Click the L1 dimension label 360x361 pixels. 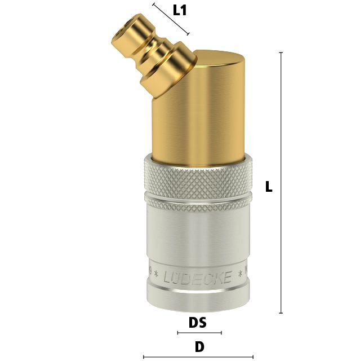[x=180, y=11]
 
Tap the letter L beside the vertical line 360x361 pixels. [x=269, y=187]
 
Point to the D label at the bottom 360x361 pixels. [x=199, y=346]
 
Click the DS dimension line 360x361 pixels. [x=199, y=332]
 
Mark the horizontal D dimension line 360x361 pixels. [x=198, y=357]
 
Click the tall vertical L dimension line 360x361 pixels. [x=281, y=183]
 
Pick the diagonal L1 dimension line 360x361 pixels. [x=171, y=19]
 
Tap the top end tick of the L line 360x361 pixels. [x=281, y=52]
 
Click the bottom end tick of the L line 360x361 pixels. [x=281, y=313]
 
